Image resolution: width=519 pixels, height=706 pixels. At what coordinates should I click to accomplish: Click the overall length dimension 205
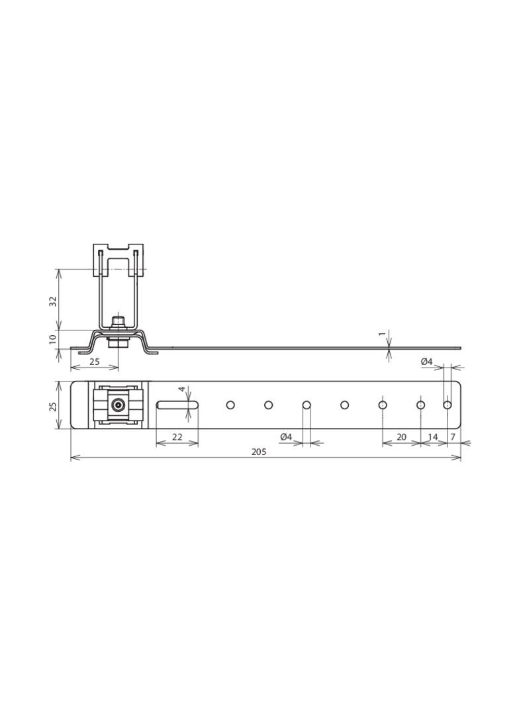(259, 452)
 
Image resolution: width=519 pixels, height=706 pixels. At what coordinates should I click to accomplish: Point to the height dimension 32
(53, 301)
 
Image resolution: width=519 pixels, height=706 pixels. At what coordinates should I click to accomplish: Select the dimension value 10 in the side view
(53, 339)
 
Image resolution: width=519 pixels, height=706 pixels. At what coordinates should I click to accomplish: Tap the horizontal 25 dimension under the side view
(95, 362)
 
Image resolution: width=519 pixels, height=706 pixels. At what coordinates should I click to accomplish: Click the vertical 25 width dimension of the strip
(53, 405)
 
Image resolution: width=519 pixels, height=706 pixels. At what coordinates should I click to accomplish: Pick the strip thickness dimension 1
(382, 334)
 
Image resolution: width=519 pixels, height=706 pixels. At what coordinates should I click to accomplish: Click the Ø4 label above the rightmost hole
(427, 362)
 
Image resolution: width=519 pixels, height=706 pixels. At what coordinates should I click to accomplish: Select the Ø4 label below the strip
(286, 437)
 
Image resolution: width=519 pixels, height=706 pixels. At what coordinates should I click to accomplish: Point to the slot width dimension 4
(182, 389)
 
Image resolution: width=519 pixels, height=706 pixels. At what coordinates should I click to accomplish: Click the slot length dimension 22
(177, 437)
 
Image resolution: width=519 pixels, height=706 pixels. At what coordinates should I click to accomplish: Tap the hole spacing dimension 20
(401, 437)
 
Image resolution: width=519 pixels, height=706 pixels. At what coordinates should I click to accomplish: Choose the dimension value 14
(433, 437)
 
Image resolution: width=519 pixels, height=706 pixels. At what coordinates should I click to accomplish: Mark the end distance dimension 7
(453, 437)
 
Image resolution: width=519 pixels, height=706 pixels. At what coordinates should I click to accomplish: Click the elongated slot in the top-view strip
(178, 405)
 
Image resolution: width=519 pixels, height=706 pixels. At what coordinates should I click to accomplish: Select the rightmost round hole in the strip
(448, 405)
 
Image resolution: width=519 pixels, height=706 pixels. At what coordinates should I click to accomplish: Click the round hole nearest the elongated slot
(230, 405)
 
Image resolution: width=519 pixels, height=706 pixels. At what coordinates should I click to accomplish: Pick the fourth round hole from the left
(345, 405)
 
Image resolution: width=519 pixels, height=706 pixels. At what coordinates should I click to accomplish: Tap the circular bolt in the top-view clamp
(118, 405)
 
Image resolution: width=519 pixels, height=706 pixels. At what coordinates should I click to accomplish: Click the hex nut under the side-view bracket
(118, 342)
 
